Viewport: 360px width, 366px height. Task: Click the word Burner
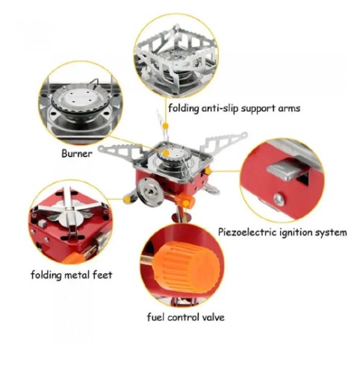77,153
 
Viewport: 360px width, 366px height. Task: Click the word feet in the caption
102,275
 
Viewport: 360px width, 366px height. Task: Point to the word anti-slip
220,108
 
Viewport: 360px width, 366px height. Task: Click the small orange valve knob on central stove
184,200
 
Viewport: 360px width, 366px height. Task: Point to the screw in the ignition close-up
279,199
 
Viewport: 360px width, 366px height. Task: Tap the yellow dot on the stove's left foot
128,199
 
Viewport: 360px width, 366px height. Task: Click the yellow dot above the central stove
165,126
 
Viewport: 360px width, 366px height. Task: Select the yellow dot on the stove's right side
208,171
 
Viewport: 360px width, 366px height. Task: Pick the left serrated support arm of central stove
120,152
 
